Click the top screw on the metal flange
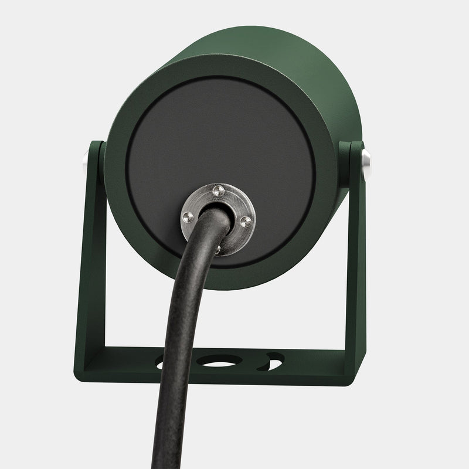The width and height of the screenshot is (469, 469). (218, 189)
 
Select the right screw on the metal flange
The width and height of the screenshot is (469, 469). (246, 220)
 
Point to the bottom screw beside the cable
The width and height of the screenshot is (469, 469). (218, 249)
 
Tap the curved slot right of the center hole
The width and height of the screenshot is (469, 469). (273, 361)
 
